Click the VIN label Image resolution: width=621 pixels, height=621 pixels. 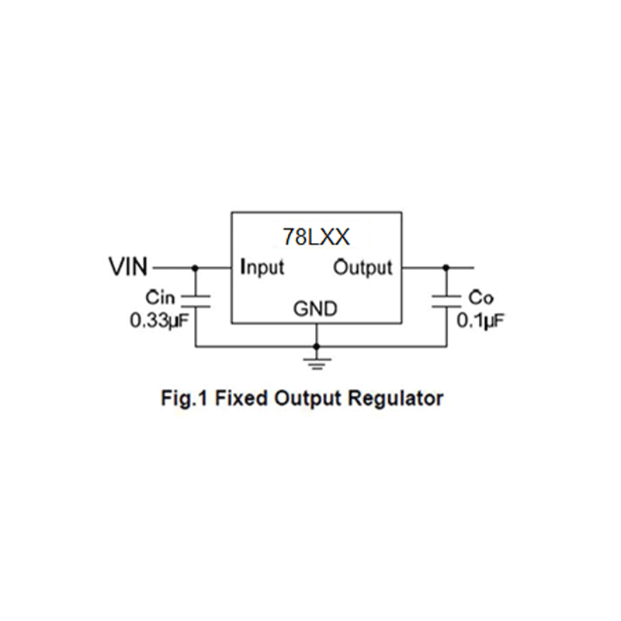pyautogui.click(x=127, y=268)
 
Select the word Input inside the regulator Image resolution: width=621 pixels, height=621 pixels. pyautogui.click(x=262, y=268)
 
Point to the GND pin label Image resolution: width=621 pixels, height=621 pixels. pyautogui.click(x=315, y=309)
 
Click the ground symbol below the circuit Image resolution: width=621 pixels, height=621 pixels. pyautogui.click(x=316, y=359)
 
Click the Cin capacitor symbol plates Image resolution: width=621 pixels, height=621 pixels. pyautogui.click(x=195, y=301)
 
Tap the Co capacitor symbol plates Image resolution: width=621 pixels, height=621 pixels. pyautogui.click(x=446, y=301)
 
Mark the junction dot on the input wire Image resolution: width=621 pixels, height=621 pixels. pyautogui.click(x=195, y=268)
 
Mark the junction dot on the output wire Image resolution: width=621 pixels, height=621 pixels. pyautogui.click(x=446, y=268)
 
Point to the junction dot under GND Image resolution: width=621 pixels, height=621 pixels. pyautogui.click(x=316, y=345)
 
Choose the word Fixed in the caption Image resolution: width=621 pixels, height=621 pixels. pyautogui.click(x=238, y=400)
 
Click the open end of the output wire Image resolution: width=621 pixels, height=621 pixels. pyautogui.click(x=472, y=268)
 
